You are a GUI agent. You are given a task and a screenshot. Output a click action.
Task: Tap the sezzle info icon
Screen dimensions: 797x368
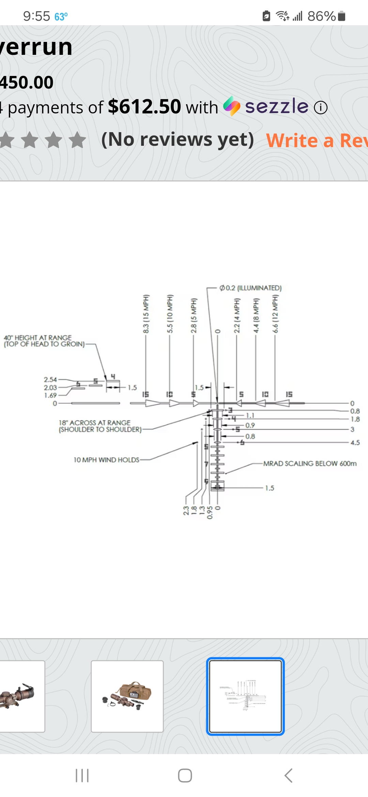[321, 108]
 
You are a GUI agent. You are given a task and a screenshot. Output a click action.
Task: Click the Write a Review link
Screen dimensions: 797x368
[317, 140]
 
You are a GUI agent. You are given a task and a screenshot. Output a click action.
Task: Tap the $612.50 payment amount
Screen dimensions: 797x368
[144, 107]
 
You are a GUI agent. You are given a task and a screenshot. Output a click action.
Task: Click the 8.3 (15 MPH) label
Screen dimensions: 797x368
[146, 314]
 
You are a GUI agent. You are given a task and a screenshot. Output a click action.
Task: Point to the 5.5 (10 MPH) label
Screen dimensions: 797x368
[170, 314]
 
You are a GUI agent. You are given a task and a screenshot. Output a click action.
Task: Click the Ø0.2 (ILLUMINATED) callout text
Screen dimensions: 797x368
[250, 288]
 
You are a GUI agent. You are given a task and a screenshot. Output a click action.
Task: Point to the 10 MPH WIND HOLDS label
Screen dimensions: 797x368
[106, 460]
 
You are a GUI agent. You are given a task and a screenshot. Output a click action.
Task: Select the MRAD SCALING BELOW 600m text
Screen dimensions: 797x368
[310, 464]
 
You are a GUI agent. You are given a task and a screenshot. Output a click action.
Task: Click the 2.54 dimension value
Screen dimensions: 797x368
[50, 379]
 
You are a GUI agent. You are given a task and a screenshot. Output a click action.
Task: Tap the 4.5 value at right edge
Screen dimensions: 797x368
[355, 443]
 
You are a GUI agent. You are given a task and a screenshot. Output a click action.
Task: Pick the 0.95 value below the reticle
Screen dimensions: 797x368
[210, 513]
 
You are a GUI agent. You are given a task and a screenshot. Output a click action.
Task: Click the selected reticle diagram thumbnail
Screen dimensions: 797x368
[245, 696]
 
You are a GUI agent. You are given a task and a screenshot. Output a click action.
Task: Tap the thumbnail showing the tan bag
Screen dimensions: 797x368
[127, 696]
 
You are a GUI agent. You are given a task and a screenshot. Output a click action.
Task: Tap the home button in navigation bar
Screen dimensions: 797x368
[185, 776]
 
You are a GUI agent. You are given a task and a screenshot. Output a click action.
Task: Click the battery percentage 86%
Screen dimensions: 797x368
[321, 16]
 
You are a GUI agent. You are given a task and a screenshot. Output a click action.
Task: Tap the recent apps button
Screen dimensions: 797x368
[82, 776]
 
